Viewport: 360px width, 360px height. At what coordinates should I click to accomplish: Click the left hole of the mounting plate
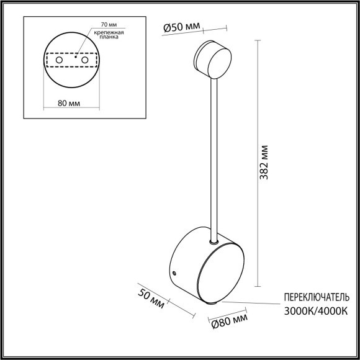[x=60, y=61]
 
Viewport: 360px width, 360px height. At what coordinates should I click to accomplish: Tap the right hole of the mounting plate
[x=85, y=61]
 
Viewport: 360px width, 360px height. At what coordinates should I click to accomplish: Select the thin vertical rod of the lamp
[x=214, y=155]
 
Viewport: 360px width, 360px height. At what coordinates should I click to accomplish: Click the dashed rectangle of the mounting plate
[x=73, y=52]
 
